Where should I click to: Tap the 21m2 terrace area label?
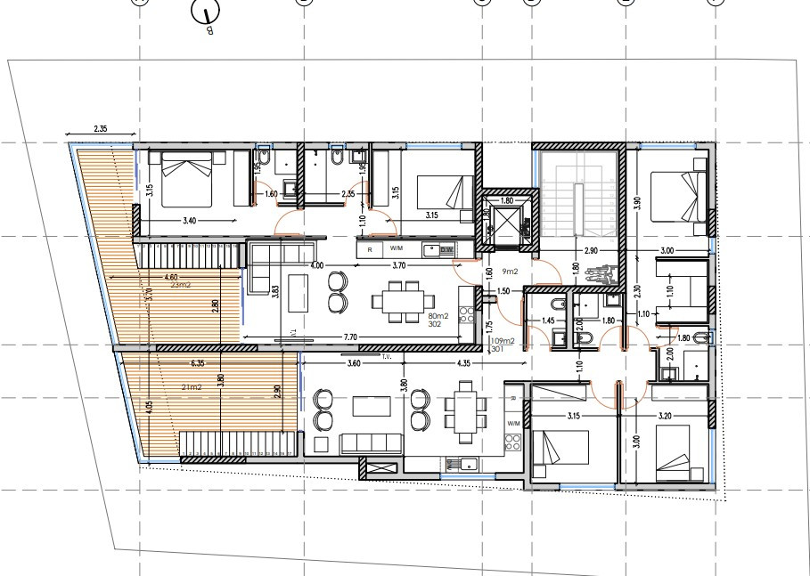click(x=190, y=387)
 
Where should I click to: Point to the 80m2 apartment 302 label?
click(x=438, y=320)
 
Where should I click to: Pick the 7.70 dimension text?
click(x=350, y=337)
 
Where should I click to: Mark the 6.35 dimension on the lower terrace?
click(x=199, y=363)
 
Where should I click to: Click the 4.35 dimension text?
click(x=462, y=363)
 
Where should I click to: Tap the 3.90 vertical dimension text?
click(x=637, y=202)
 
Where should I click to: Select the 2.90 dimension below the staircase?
click(x=591, y=253)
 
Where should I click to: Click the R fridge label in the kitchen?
click(x=370, y=251)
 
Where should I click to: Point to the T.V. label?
click(x=388, y=357)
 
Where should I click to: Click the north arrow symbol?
click(x=207, y=15)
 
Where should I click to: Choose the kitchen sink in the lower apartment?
click(x=465, y=461)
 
